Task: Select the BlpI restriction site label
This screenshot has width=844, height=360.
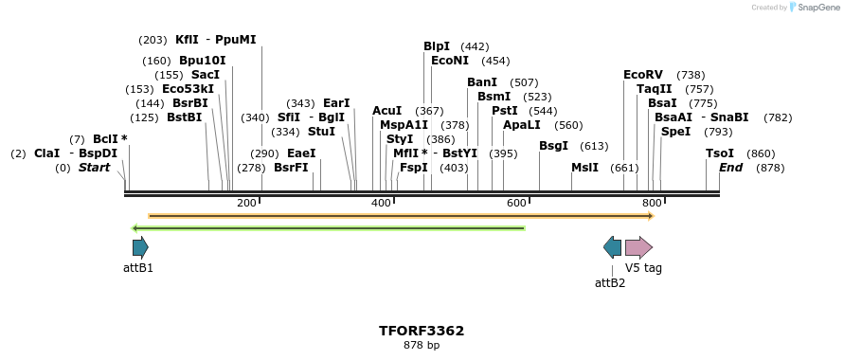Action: (x=437, y=46)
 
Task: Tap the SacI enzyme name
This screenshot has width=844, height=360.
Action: (x=206, y=75)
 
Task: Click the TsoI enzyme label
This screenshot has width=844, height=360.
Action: (x=720, y=153)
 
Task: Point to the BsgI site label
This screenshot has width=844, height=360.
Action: (x=553, y=146)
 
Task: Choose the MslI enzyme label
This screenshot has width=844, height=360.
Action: (x=584, y=168)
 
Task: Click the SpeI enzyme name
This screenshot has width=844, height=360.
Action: (x=675, y=132)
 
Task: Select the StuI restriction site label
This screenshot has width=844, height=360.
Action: (x=321, y=132)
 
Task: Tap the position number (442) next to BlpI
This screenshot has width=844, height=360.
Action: (x=475, y=46)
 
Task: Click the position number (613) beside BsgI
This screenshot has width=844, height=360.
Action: (x=594, y=146)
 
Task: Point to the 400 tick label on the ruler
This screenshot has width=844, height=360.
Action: (x=381, y=204)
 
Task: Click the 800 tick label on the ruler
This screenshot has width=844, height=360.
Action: (x=652, y=204)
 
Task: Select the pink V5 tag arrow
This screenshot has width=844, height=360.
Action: (x=638, y=248)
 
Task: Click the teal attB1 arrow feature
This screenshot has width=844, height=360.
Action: (x=140, y=248)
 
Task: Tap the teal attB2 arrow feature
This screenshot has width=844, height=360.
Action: (x=613, y=248)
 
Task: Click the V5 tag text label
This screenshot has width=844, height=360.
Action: (x=643, y=268)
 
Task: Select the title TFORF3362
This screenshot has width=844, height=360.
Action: (x=422, y=331)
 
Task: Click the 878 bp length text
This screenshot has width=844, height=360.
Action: (x=422, y=345)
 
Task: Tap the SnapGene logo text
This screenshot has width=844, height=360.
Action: (x=816, y=8)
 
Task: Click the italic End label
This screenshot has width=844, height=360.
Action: (x=730, y=168)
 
